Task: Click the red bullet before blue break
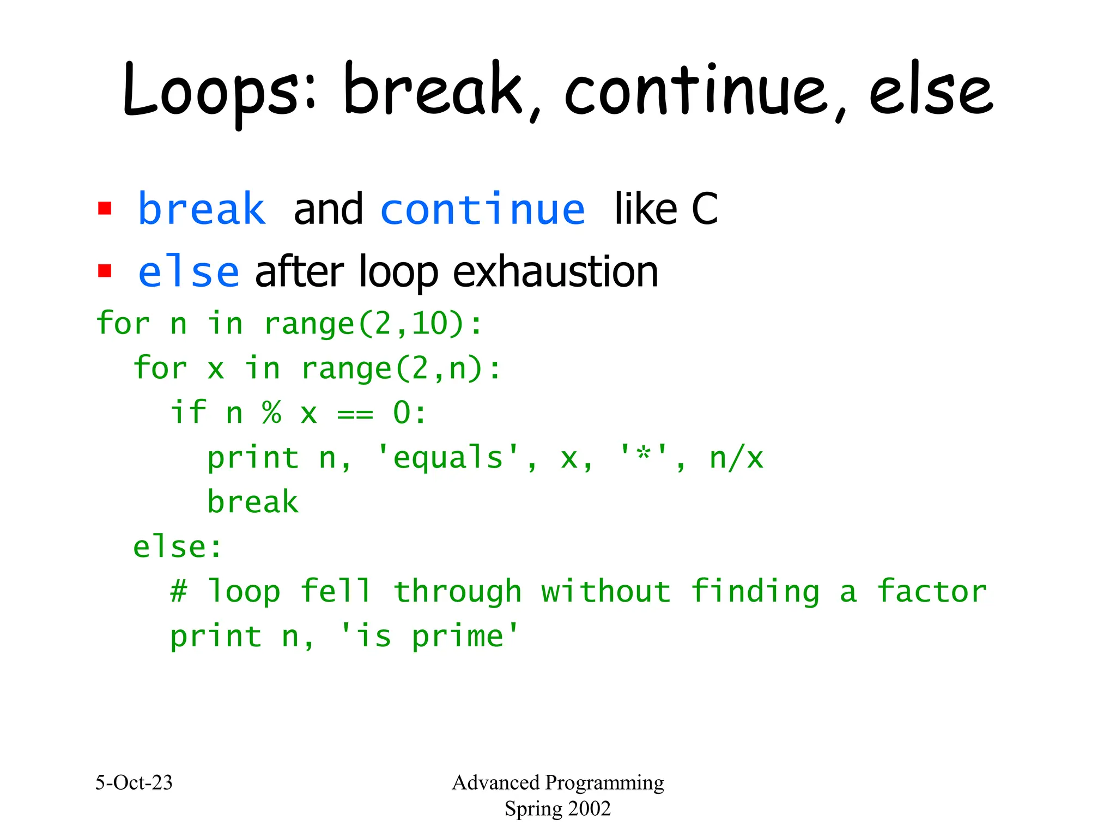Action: pyautogui.click(x=105, y=209)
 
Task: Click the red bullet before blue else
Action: pyautogui.click(x=105, y=271)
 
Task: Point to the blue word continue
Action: pyautogui.click(x=483, y=210)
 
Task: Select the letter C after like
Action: pyautogui.click(x=705, y=210)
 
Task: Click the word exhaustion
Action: pyautogui.click(x=555, y=272)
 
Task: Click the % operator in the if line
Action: pyautogui.click(x=271, y=413)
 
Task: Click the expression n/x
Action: pyautogui.click(x=736, y=458)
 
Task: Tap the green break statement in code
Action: pyautogui.click(x=253, y=502)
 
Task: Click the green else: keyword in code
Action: pyautogui.click(x=178, y=547)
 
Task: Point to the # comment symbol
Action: pyautogui.click(x=179, y=591)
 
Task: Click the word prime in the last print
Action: pyautogui.click(x=458, y=636)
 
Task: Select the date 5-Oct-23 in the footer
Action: pyautogui.click(x=134, y=783)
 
